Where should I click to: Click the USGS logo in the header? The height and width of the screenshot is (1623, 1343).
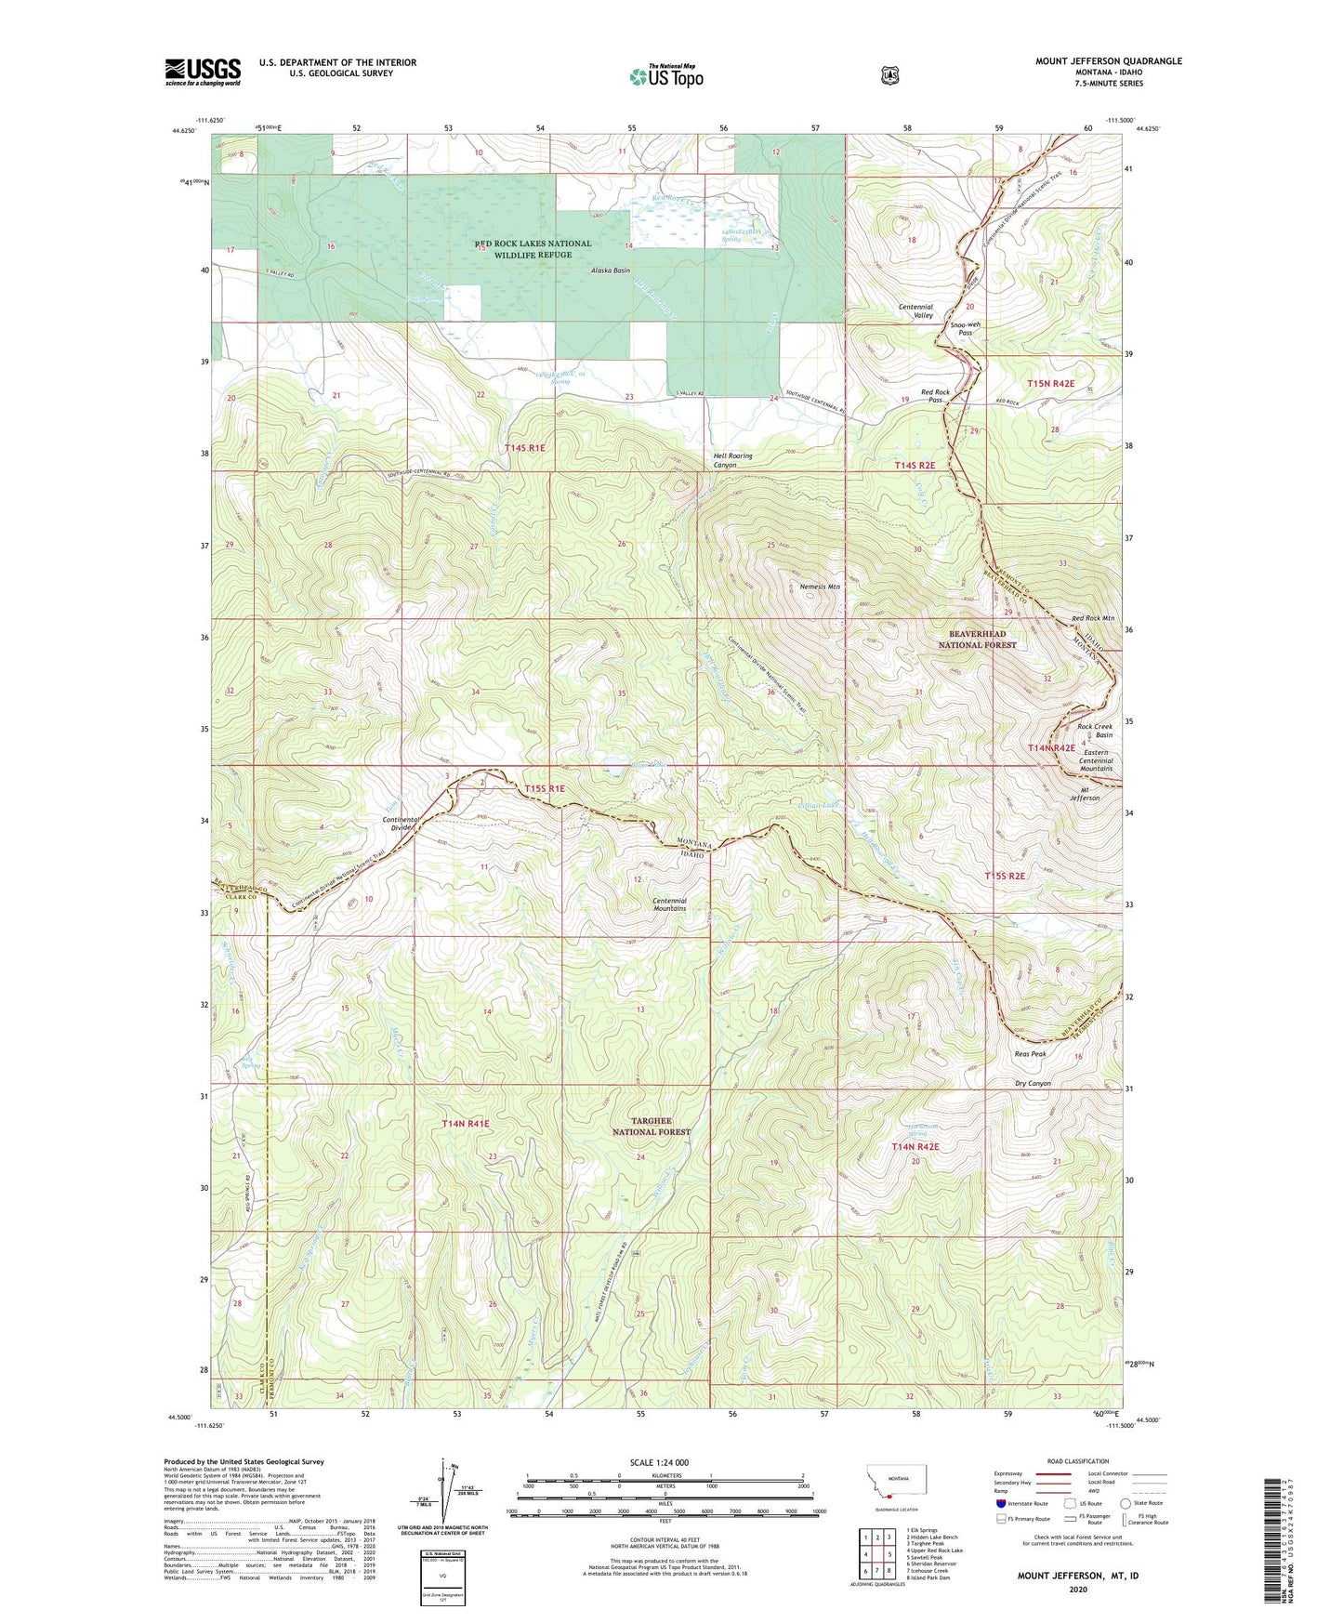[203, 72]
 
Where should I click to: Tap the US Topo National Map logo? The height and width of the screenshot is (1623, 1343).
[665, 75]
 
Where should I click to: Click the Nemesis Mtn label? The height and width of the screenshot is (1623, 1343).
[820, 587]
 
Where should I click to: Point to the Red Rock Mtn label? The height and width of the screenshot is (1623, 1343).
[1093, 618]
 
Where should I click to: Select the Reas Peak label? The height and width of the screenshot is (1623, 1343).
[1031, 1054]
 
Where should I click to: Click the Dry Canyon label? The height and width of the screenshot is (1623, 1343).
[1033, 1083]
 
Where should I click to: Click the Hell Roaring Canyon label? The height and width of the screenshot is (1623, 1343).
[732, 460]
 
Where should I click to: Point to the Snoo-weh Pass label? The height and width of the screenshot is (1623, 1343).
[966, 328]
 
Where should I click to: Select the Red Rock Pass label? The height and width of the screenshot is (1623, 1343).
[936, 396]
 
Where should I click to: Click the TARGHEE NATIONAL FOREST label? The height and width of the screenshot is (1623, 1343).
[651, 1127]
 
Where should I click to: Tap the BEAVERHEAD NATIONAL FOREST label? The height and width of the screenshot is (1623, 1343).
[977, 639]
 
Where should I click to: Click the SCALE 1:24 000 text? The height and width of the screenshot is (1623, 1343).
[659, 1462]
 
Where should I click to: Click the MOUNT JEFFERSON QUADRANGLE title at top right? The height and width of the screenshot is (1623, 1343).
[1109, 61]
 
